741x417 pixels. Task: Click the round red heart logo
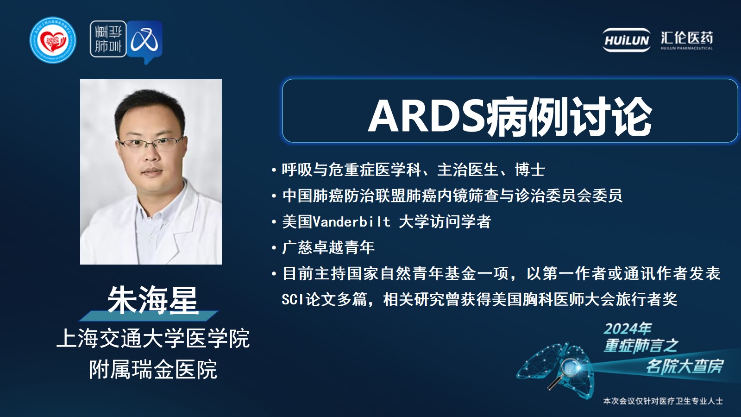pyautogui.click(x=53, y=40)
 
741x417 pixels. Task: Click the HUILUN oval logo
pyautogui.click(x=626, y=40)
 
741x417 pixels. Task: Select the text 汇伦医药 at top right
pyautogui.click(x=687, y=38)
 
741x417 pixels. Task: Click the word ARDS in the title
pyautogui.click(x=427, y=116)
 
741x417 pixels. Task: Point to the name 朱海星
pyautogui.click(x=153, y=300)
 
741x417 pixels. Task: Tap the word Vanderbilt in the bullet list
pyautogui.click(x=352, y=221)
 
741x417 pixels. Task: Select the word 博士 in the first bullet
pyautogui.click(x=530, y=170)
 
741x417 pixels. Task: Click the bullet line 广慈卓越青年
pyautogui.click(x=328, y=247)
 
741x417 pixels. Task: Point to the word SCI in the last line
pyautogui.click(x=293, y=299)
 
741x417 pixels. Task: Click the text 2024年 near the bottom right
pyautogui.click(x=627, y=329)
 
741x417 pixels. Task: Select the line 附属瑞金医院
pyautogui.click(x=153, y=369)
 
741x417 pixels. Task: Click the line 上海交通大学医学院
pyautogui.click(x=153, y=339)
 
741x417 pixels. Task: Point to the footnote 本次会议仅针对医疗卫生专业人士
pyautogui.click(x=663, y=401)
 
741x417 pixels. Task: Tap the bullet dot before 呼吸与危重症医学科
pyautogui.click(x=274, y=170)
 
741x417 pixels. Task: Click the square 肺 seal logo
pyautogui.click(x=108, y=39)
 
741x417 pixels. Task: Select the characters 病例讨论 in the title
pyautogui.click(x=568, y=116)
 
